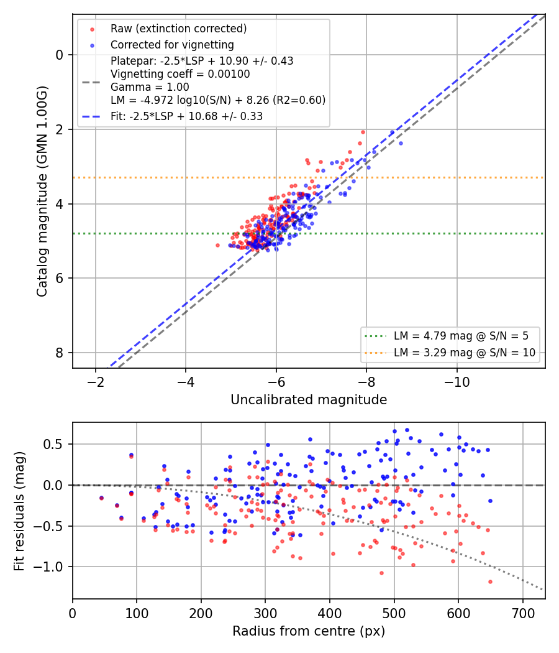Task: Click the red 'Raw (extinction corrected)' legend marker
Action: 92,30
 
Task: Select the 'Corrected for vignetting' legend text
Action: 172,45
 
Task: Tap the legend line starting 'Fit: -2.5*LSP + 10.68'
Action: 187,116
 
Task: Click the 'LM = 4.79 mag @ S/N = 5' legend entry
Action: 461,336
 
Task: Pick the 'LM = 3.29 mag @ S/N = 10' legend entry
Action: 465,353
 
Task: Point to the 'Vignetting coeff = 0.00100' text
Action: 180,74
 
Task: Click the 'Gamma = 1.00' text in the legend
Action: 150,87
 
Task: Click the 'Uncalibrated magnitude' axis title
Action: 309,400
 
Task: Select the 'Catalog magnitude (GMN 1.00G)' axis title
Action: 42,192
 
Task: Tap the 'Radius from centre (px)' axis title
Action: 309,631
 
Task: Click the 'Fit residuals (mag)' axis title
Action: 19,511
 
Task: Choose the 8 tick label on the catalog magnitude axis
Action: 60,353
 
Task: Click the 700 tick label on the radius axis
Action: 522,613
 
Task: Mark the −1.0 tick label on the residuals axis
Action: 48,567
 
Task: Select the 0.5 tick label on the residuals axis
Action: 53,445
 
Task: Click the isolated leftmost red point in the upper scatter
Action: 217,246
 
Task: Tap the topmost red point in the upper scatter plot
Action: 363,132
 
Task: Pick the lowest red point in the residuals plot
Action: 491,581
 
